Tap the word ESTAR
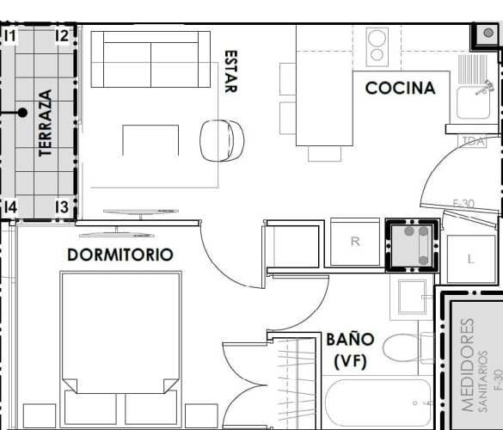click(230, 71)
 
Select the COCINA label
click(400, 88)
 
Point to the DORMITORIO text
click(120, 255)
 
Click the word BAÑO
click(350, 339)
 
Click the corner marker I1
click(10, 35)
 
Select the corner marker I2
click(61, 35)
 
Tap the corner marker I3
click(61, 207)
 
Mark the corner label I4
click(10, 207)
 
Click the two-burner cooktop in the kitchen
click(377, 46)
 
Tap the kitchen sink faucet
click(486, 87)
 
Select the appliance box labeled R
click(355, 242)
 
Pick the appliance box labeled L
click(471, 258)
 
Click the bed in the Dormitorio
click(120, 344)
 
